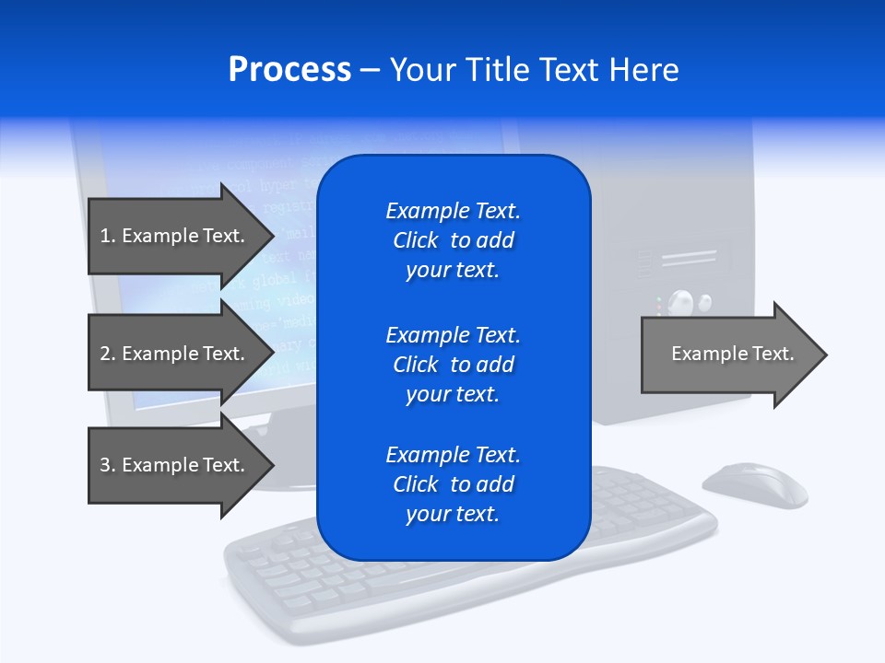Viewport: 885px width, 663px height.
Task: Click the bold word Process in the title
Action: pos(289,70)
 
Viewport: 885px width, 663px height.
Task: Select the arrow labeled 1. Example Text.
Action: pos(175,236)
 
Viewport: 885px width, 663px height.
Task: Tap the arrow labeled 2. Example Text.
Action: pos(175,354)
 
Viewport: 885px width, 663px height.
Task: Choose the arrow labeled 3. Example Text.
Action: pos(175,465)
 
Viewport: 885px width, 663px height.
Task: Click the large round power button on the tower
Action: pos(680,301)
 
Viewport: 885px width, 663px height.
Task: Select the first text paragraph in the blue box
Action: pos(453,240)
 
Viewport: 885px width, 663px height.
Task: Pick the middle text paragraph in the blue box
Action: pos(453,365)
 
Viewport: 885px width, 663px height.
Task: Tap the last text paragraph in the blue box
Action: pos(453,484)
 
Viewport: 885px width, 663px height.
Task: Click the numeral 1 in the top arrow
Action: pos(105,236)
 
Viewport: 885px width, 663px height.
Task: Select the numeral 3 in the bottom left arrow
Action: pos(105,465)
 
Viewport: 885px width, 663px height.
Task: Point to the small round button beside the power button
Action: pos(706,301)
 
